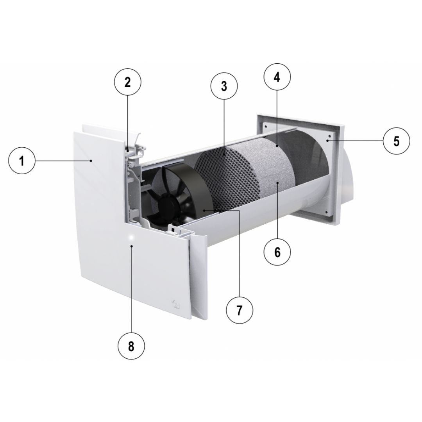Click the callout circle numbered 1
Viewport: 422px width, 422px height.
pos(22,161)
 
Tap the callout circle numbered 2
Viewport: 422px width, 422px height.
pos(127,82)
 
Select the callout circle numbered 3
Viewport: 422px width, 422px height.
pos(224,86)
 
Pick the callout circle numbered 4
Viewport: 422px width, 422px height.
pos(277,77)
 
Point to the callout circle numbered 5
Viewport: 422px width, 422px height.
pos(397,141)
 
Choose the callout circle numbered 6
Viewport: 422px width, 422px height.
pos(277,252)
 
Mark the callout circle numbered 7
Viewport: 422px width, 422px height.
pos(240,310)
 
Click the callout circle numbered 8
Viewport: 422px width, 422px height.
pos(131,346)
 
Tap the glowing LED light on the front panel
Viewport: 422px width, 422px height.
pos(131,238)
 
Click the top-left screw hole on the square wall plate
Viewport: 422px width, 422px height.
pos(266,126)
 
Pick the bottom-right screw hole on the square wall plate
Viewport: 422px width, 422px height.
pos(326,212)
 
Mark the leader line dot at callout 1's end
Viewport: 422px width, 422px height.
pos(91,161)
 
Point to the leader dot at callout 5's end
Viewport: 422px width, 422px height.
pos(328,141)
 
